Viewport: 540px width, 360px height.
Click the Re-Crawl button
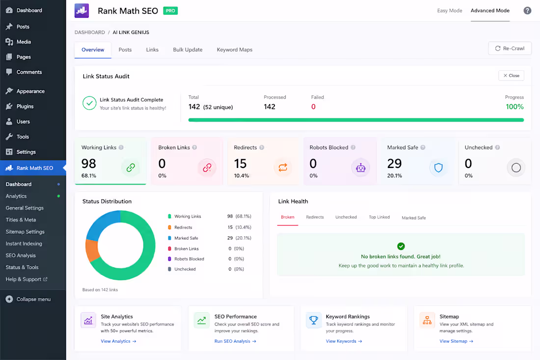(x=510, y=49)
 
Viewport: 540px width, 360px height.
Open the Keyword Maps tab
(x=235, y=50)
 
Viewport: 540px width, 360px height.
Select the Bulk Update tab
(x=188, y=50)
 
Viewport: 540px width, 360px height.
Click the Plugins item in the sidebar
(x=25, y=107)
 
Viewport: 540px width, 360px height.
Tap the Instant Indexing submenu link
(x=24, y=244)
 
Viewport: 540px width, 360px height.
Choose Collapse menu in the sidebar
(x=33, y=300)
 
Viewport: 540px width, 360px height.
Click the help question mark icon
(x=527, y=11)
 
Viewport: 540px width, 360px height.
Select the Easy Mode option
(x=449, y=11)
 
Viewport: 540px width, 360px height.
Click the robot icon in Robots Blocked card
(x=361, y=168)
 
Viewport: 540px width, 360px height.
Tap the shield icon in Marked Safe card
(x=438, y=168)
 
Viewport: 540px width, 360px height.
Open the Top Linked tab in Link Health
(x=379, y=217)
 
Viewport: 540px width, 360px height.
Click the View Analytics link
(x=118, y=341)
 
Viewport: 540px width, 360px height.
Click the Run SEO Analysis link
(x=235, y=341)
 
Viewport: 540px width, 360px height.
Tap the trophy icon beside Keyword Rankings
(x=313, y=320)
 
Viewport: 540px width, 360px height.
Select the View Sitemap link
(x=457, y=341)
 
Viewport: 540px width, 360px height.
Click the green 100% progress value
(x=514, y=107)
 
